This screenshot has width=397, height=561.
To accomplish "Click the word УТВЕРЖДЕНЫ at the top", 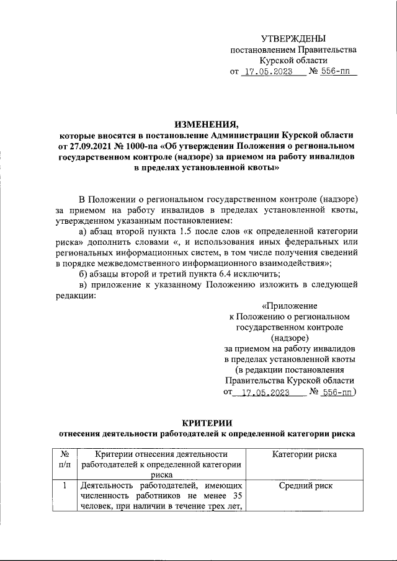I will [293, 39].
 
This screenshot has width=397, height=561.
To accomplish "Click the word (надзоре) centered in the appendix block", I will [290, 338].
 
